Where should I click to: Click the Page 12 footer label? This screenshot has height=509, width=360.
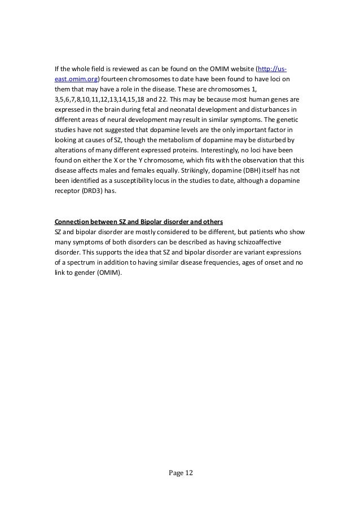click(x=179, y=472)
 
